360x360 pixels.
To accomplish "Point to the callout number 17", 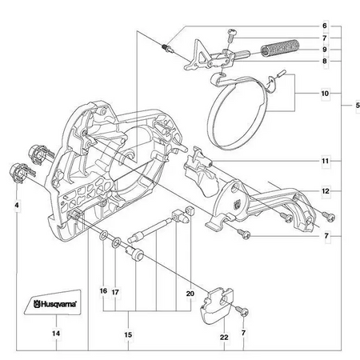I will click(x=115, y=291).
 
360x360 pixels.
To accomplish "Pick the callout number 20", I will click(x=190, y=294).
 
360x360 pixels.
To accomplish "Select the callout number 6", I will click(x=325, y=26).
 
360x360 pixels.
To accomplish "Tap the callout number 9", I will click(x=325, y=49).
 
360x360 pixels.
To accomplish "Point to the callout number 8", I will click(x=325, y=60).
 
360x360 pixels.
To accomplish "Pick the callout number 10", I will click(x=325, y=94).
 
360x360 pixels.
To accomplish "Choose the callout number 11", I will click(x=325, y=161).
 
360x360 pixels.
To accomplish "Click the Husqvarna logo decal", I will click(x=55, y=305).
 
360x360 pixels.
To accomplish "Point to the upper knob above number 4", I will click(x=39, y=150).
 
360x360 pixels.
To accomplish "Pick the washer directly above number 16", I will click(x=105, y=238).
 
